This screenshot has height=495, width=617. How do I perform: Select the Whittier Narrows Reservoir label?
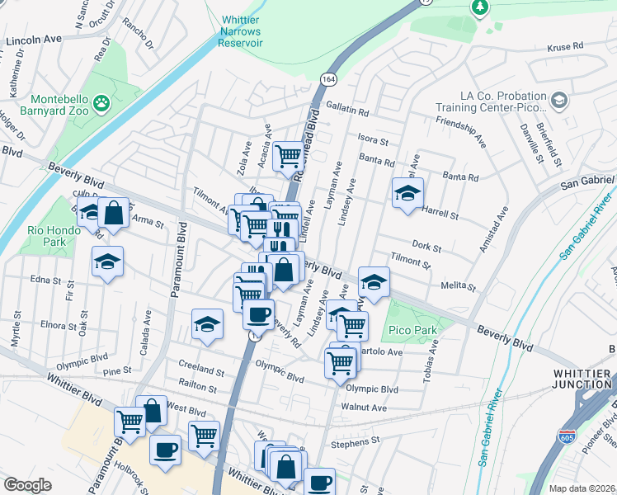point(241,31)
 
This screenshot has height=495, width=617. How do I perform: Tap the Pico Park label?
point(405,332)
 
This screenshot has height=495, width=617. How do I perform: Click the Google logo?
point(28,485)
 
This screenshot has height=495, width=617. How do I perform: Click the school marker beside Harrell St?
point(407,193)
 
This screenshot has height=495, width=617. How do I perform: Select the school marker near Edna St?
point(107,262)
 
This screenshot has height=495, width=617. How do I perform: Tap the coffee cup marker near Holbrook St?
point(165,450)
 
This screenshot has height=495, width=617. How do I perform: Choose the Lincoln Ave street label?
point(34,39)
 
